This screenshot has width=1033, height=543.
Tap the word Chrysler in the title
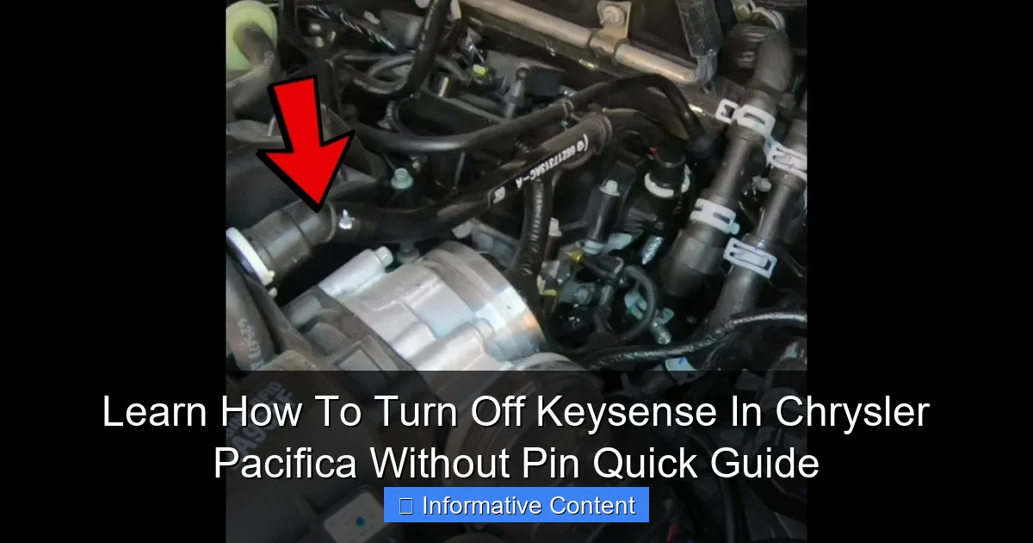pyautogui.click(x=851, y=413)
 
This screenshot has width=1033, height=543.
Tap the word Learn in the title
pyautogui.click(x=155, y=413)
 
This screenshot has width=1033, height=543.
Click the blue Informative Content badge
pyautogui.click(x=516, y=505)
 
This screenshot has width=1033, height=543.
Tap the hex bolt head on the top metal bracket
pyautogui.click(x=614, y=15)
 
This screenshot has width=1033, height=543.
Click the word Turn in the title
pyautogui.click(x=414, y=413)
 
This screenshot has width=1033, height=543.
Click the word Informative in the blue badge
pyautogui.click(x=476, y=506)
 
